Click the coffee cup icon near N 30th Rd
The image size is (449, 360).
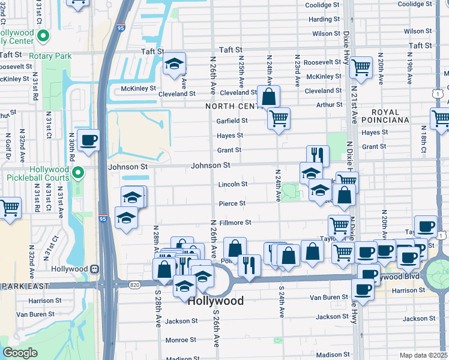click(88, 140)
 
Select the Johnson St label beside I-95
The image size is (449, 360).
click(127, 166)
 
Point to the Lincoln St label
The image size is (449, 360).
click(232, 184)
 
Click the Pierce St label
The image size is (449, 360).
click(232, 203)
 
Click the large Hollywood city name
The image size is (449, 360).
click(215, 301)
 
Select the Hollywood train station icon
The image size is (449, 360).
click(94, 269)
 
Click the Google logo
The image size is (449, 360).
click(20, 353)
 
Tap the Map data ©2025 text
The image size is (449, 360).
click(423, 355)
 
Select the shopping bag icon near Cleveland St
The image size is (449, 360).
click(268, 96)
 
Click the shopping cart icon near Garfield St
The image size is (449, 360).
click(279, 118)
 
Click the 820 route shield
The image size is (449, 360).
click(133, 285)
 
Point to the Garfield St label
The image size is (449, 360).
click(232, 121)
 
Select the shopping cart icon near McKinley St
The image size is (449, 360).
click(361, 68)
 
